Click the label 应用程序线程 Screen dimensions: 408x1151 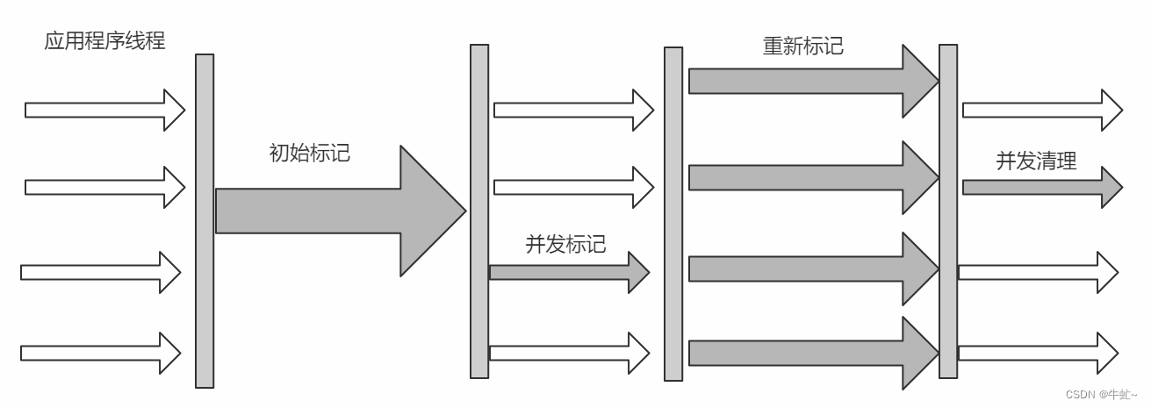104,40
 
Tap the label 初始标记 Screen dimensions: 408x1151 309,153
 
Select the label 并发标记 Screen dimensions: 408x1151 565,244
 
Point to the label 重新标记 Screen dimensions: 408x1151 802,46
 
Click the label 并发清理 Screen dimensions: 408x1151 1036,161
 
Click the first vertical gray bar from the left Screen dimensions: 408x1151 205,220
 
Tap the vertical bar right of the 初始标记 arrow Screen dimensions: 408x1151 479,211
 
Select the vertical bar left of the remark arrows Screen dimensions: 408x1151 673,214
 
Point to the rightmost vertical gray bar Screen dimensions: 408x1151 948,211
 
